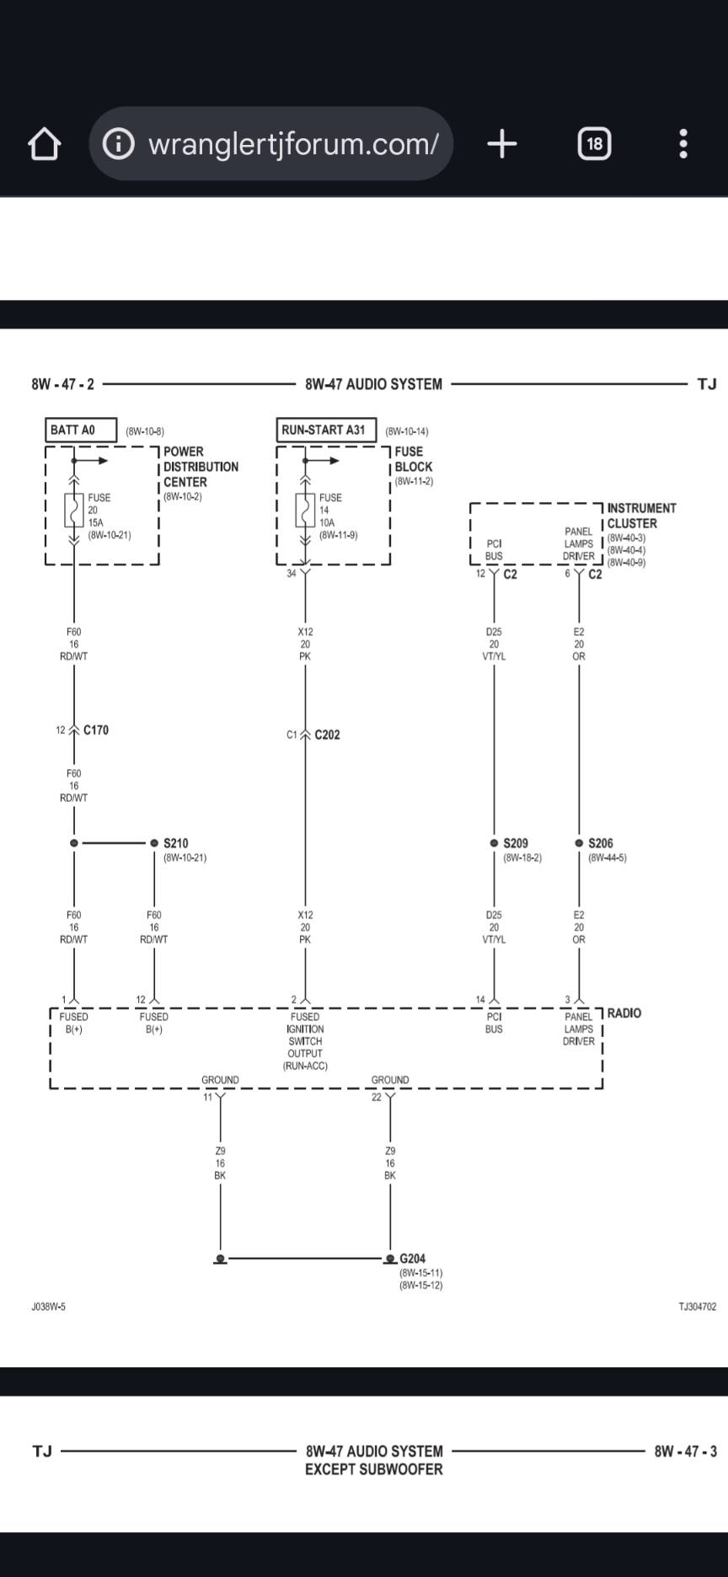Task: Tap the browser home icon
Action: pos(44,144)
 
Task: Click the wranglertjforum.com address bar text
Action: pos(292,144)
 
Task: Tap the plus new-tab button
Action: pos(502,144)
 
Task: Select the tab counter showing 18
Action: pos(594,144)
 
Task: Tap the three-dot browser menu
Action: pos(683,144)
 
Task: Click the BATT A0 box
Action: pos(81,430)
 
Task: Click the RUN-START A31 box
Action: pos(325,430)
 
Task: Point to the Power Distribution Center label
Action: pos(201,467)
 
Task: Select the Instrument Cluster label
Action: pos(640,516)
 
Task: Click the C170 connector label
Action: pos(96,730)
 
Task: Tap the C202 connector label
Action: pos(327,735)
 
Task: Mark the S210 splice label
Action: pos(175,843)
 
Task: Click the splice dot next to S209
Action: pos(494,843)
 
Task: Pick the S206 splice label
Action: pos(601,843)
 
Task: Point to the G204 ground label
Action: pos(412,1259)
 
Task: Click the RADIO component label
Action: pos(624,1013)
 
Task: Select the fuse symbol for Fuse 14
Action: pos(305,511)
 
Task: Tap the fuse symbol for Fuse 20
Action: pos(74,511)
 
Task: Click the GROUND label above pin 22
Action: pos(390,1080)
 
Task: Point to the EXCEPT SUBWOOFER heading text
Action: pos(373,1469)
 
